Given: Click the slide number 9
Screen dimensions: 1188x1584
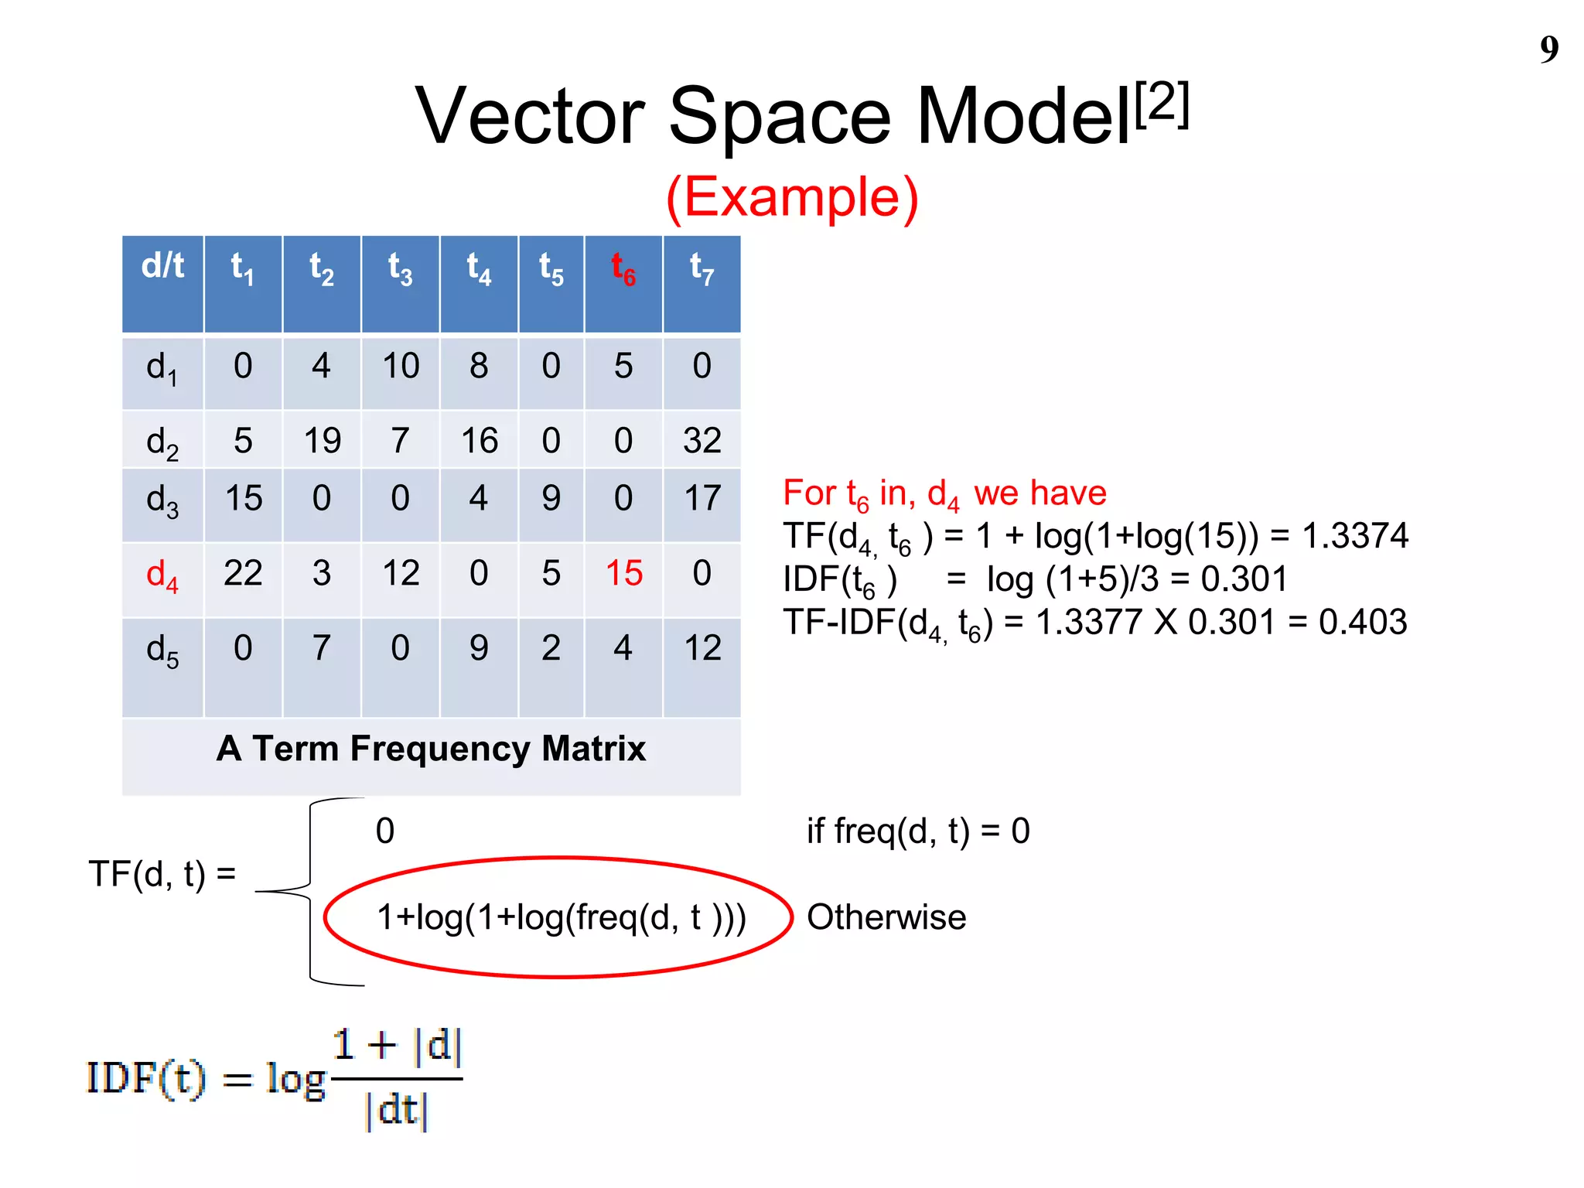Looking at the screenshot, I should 1548,49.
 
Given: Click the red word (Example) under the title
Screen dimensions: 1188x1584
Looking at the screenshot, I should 792,197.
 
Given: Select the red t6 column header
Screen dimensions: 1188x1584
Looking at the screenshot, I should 623,269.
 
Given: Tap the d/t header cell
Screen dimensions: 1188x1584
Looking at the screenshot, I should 162,266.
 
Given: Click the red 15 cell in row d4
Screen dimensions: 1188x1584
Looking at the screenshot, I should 624,573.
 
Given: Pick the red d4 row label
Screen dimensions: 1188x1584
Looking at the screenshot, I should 162,575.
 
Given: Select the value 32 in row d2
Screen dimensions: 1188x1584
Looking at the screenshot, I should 702,440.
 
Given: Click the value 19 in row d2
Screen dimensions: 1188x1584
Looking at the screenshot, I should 322,440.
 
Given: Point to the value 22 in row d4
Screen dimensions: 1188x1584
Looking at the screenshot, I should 243,573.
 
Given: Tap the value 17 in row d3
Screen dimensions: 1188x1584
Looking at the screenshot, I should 702,498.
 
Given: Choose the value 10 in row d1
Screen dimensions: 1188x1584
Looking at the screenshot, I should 401,366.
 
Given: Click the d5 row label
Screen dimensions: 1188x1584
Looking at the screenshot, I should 162,650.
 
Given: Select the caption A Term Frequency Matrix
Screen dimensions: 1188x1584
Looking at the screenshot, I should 431,749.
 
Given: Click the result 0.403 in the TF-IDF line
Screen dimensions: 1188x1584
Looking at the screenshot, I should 1363,622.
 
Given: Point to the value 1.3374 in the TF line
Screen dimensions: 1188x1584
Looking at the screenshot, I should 1355,536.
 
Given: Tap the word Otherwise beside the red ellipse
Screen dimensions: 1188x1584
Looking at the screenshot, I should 886,917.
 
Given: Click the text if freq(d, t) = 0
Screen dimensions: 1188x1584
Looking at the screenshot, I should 918,831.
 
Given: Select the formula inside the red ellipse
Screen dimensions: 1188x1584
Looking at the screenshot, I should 561,918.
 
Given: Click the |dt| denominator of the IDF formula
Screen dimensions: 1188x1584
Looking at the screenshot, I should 396,1109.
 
